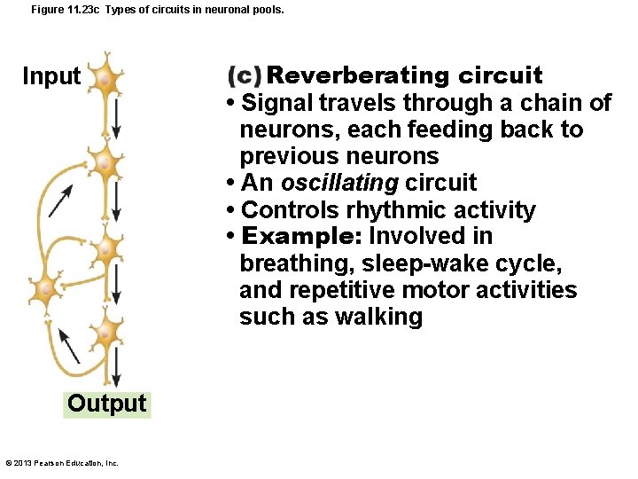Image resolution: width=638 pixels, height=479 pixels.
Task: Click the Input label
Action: (51, 76)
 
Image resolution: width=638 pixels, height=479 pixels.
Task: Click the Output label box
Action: (107, 404)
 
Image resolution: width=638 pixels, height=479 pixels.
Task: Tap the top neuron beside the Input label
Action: (105, 80)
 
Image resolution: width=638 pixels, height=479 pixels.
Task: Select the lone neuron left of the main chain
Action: (44, 288)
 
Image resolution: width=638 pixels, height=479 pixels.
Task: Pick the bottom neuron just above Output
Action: (105, 332)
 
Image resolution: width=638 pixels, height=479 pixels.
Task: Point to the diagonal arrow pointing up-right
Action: (61, 202)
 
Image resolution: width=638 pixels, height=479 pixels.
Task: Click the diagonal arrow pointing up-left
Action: (68, 346)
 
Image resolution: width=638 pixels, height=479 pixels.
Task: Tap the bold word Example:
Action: (301, 237)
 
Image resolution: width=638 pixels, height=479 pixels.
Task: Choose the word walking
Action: (378, 317)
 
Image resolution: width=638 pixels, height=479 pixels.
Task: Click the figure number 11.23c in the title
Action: (83, 10)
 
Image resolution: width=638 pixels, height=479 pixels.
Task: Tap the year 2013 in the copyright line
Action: (23, 463)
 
